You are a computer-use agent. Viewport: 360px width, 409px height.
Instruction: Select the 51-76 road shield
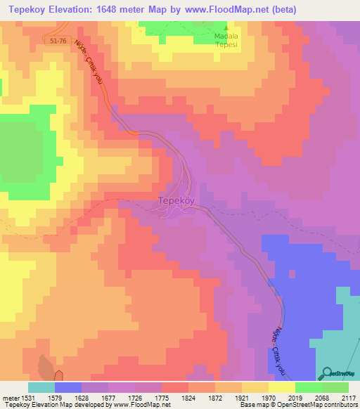[x=60, y=42]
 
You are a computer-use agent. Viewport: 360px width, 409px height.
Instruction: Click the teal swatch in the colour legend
[x=41, y=387]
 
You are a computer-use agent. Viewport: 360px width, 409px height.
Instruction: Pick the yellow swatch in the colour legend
[x=282, y=387]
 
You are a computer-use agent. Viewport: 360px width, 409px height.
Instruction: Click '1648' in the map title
[x=127, y=10]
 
